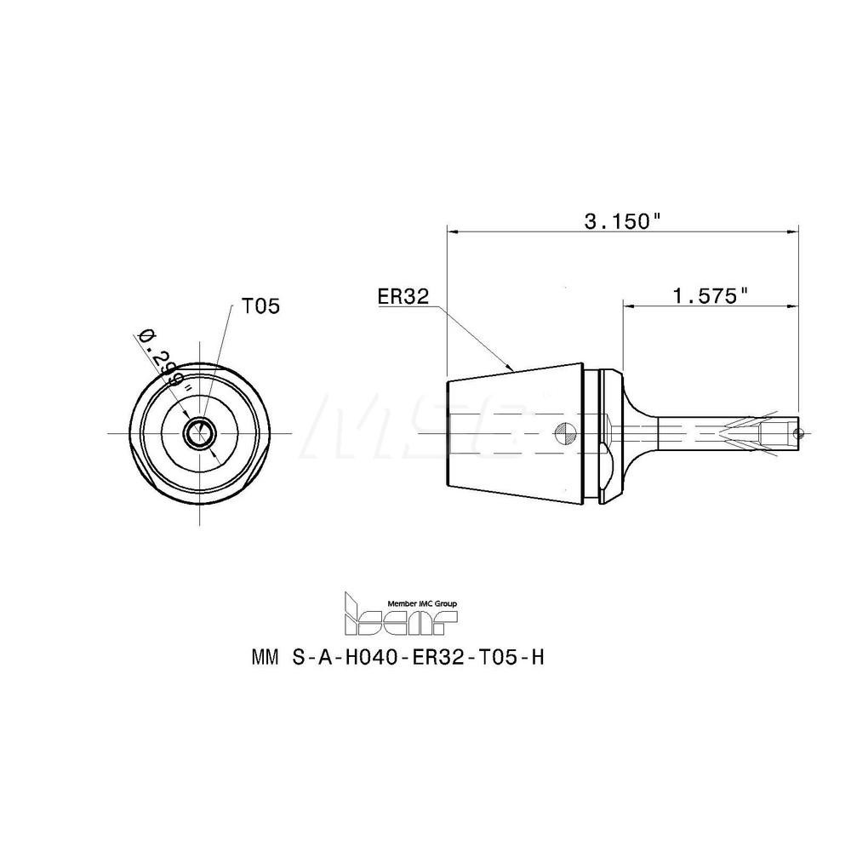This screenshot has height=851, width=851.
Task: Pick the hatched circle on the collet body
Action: coord(563,433)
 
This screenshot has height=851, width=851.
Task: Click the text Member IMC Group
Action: coord(421,603)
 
